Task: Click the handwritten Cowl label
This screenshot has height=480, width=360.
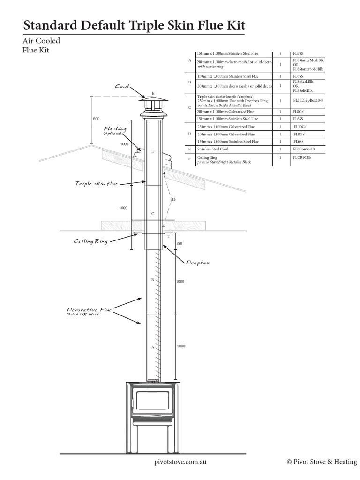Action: [x=121, y=87]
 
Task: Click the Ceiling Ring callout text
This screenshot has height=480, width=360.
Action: [x=91, y=241]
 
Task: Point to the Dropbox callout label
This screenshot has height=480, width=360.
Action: [x=198, y=263]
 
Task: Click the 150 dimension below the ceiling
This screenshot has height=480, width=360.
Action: [x=179, y=244]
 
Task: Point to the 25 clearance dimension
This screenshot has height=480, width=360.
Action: [x=174, y=200]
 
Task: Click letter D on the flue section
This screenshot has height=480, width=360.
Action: [x=152, y=151]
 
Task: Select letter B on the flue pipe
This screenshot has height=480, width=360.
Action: [x=152, y=280]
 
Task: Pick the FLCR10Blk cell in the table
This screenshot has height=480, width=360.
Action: [x=303, y=158]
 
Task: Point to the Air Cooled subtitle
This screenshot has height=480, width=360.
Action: [x=41, y=41]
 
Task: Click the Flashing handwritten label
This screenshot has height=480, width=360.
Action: [x=115, y=129]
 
